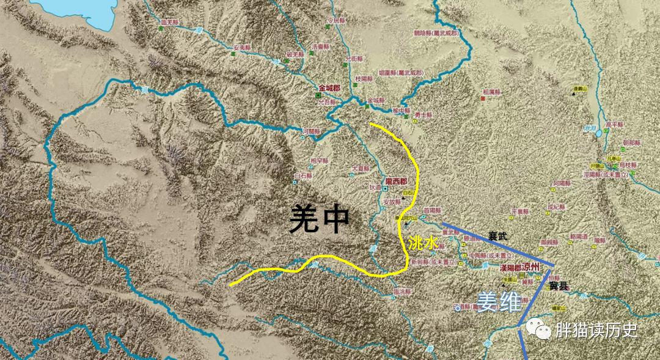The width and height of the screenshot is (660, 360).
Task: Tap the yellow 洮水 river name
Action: coord(423,243)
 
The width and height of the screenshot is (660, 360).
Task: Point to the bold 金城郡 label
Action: coord(329,87)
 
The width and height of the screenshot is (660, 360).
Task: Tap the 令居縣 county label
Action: coord(337,20)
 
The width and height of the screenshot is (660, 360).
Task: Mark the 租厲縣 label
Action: coord(492,92)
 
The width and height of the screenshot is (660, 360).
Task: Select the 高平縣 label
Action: coord(615,124)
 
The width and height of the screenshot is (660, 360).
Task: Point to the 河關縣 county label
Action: coord(311,131)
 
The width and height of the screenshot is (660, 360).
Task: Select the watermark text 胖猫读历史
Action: coord(596,331)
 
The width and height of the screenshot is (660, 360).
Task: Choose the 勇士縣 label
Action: coord(423,114)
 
